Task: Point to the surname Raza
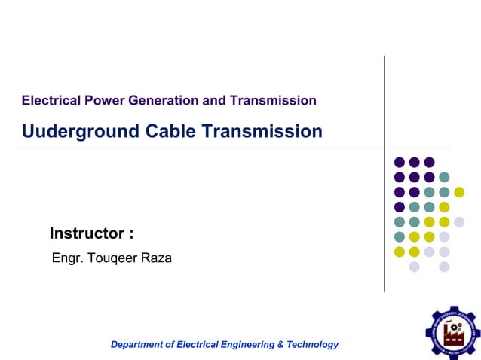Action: click(x=157, y=258)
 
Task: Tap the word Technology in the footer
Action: click(x=313, y=344)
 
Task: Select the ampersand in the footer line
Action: click(x=280, y=344)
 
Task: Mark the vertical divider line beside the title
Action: click(x=384, y=173)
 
